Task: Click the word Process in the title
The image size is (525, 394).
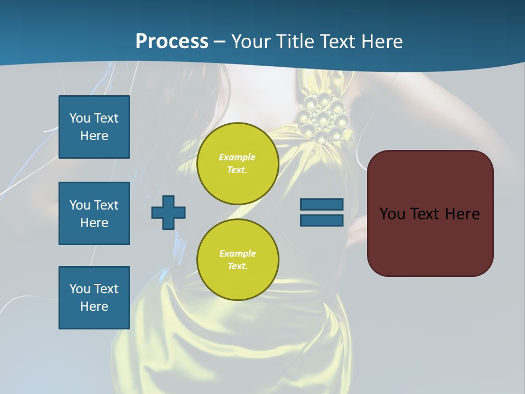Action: [x=172, y=42]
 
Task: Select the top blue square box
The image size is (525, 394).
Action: [x=94, y=127]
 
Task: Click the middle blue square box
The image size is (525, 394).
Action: [x=94, y=213]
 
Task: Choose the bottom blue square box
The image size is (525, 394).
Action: [x=94, y=298]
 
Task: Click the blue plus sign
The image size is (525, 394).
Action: [x=168, y=212]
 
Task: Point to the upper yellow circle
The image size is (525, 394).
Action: [x=238, y=164]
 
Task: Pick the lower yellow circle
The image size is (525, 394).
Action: [x=238, y=260]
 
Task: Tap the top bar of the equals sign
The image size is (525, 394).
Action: [x=322, y=205]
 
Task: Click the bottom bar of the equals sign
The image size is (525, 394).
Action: [x=322, y=220]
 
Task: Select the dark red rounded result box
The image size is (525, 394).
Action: [x=430, y=213]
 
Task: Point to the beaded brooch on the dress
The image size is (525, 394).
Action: [x=322, y=118]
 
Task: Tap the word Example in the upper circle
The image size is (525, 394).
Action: [x=237, y=157]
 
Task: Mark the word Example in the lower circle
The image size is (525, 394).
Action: [x=237, y=253]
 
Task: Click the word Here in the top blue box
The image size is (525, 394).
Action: [x=94, y=136]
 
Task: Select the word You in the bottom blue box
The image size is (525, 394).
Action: [x=80, y=289]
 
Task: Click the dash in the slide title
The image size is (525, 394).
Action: [x=220, y=42]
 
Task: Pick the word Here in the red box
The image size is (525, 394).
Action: [x=462, y=214]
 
